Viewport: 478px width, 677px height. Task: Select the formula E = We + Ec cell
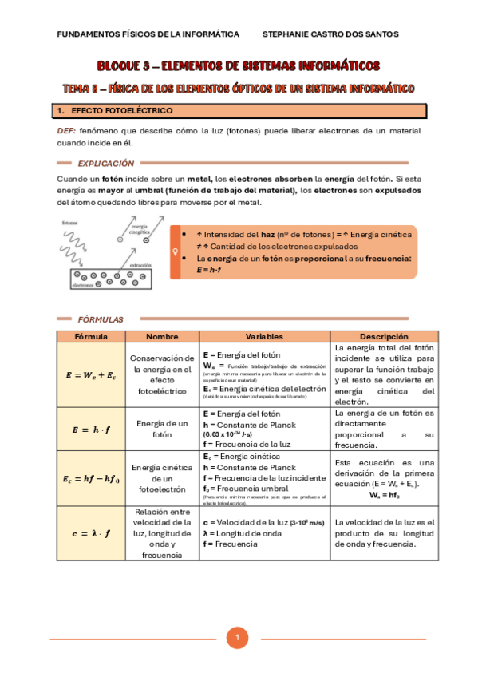click(x=90, y=375)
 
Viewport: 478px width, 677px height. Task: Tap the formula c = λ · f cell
click(x=90, y=533)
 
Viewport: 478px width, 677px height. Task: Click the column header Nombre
click(x=161, y=337)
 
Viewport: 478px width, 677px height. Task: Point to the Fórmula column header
click(x=90, y=337)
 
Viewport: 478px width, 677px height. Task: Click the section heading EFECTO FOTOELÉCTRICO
click(x=121, y=110)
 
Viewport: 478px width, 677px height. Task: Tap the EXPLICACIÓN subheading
click(x=105, y=162)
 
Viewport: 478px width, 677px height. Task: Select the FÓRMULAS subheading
click(x=101, y=319)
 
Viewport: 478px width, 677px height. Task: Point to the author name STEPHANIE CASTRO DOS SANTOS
click(x=330, y=34)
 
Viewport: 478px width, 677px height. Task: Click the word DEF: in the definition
click(x=66, y=130)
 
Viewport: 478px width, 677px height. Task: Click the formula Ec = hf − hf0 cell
click(x=90, y=479)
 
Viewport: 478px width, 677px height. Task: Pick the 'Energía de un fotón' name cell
click(x=161, y=429)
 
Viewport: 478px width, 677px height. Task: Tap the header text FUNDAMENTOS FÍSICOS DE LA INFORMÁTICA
click(x=148, y=34)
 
